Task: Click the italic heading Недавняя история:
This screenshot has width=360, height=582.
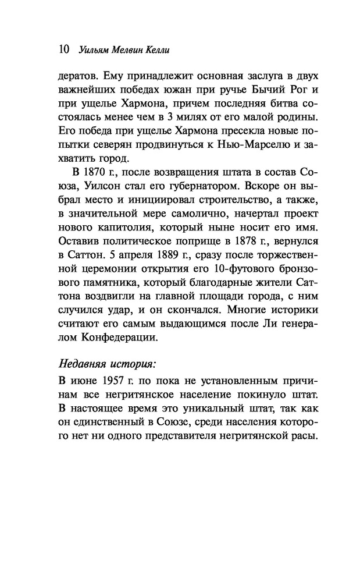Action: [x=108, y=364]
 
